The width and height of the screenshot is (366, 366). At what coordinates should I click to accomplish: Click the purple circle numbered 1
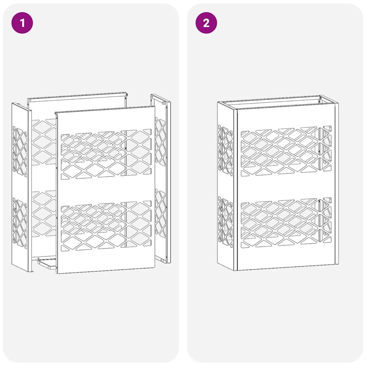click(x=22, y=23)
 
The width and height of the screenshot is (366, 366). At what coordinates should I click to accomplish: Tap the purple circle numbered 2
click(x=206, y=23)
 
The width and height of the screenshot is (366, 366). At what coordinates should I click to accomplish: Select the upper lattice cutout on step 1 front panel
click(x=106, y=154)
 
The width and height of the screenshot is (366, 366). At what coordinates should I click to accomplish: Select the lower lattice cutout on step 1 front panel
click(x=106, y=226)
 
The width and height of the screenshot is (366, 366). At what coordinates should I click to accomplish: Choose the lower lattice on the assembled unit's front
click(x=286, y=222)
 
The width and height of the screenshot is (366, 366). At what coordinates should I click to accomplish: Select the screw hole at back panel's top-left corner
click(x=30, y=100)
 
